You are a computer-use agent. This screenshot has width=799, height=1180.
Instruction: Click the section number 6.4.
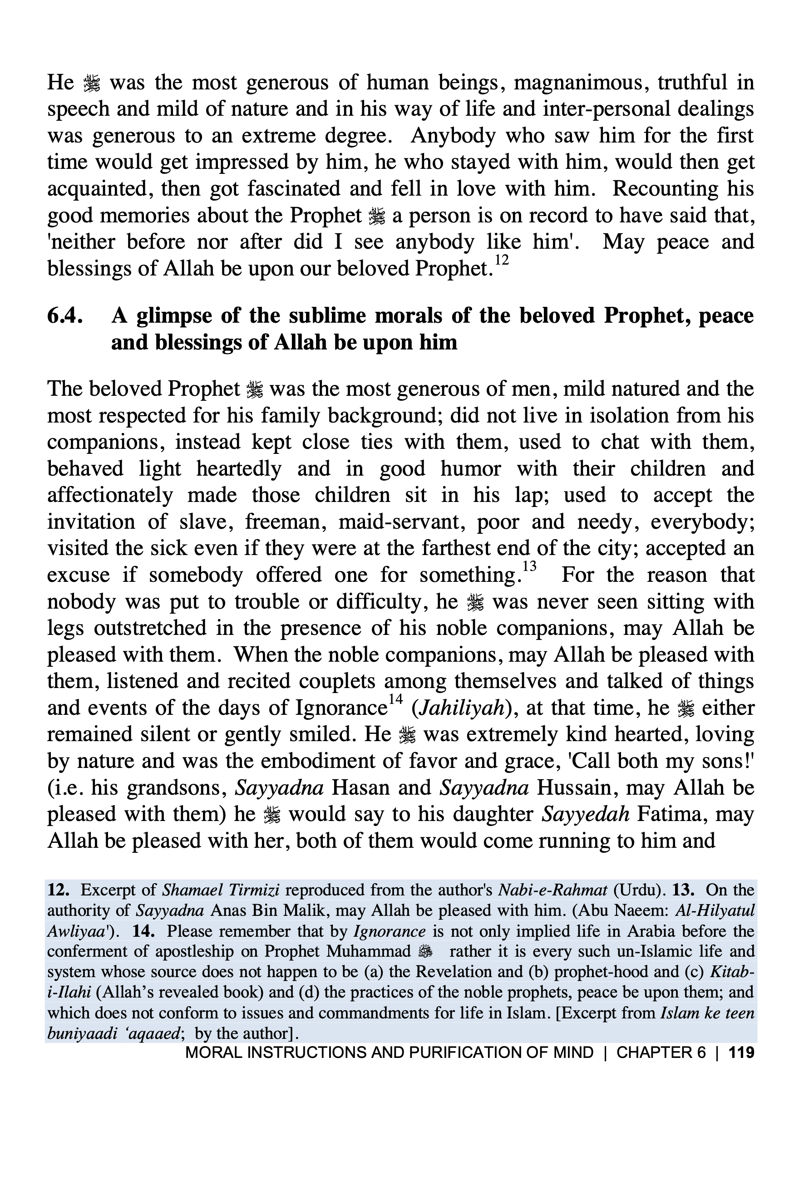click(65, 316)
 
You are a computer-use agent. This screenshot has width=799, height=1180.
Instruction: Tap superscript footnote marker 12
click(501, 261)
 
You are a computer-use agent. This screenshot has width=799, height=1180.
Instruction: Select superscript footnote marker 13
click(529, 566)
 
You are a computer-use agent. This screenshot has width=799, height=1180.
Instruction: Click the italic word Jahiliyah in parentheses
click(461, 708)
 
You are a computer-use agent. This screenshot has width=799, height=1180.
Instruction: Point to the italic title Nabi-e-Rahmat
click(553, 890)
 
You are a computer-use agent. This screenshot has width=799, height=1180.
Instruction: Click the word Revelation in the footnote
click(458, 971)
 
